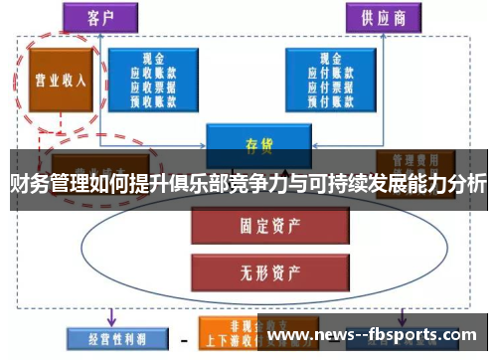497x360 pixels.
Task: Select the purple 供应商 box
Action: pos(383,17)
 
